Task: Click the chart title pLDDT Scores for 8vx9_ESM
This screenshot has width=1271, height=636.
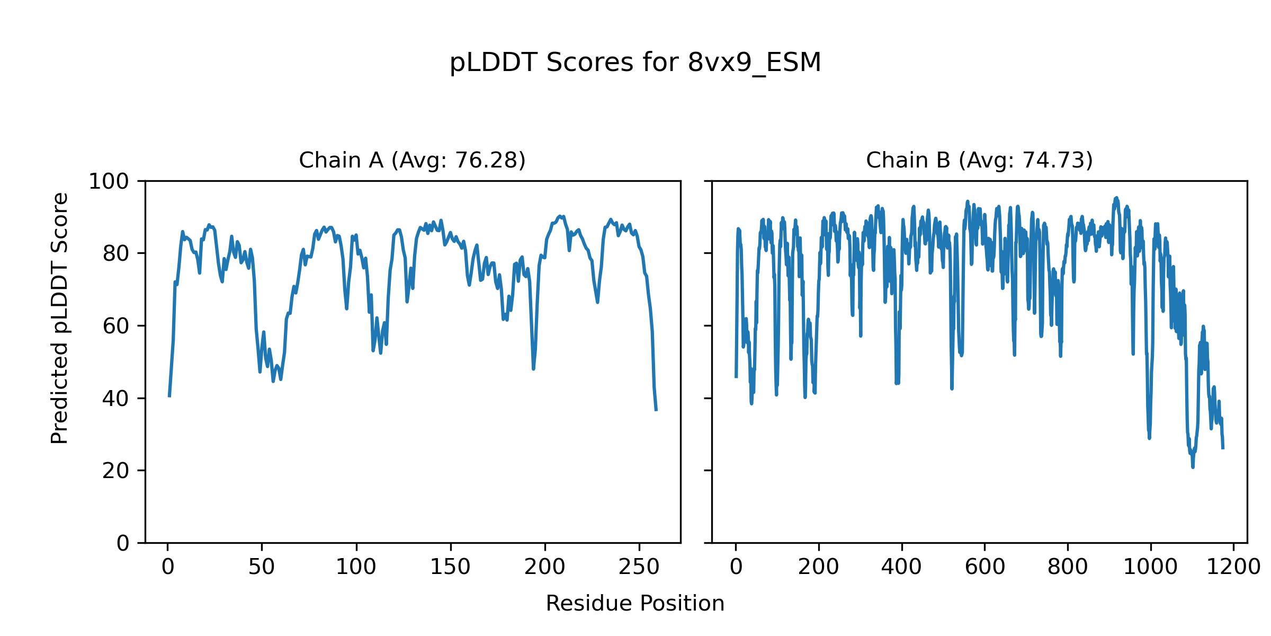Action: (635, 63)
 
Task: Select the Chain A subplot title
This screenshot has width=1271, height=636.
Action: (412, 160)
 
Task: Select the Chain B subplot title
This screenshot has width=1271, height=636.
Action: (979, 160)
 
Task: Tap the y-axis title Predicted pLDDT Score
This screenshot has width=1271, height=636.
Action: (60, 318)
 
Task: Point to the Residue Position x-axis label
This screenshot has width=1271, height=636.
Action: (635, 604)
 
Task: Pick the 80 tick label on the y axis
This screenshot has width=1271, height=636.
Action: (115, 254)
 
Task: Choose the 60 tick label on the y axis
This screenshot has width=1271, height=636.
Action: (115, 326)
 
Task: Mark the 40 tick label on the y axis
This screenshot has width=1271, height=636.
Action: (115, 399)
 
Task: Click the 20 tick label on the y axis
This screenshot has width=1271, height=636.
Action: (115, 471)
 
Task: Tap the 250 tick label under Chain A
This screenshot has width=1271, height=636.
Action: (639, 568)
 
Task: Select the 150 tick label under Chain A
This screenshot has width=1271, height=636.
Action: (450, 568)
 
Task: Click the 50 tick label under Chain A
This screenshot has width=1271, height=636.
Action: (262, 568)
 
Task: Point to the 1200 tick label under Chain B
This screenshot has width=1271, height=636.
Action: (1233, 568)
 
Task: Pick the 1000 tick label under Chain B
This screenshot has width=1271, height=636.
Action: (1150, 568)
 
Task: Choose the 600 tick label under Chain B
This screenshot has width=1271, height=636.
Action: (984, 568)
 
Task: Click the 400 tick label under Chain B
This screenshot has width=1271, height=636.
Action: (901, 568)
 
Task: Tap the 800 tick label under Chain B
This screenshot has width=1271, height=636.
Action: (1068, 568)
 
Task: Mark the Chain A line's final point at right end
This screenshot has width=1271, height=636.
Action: (656, 410)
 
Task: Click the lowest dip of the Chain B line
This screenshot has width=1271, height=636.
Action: (1193, 467)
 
